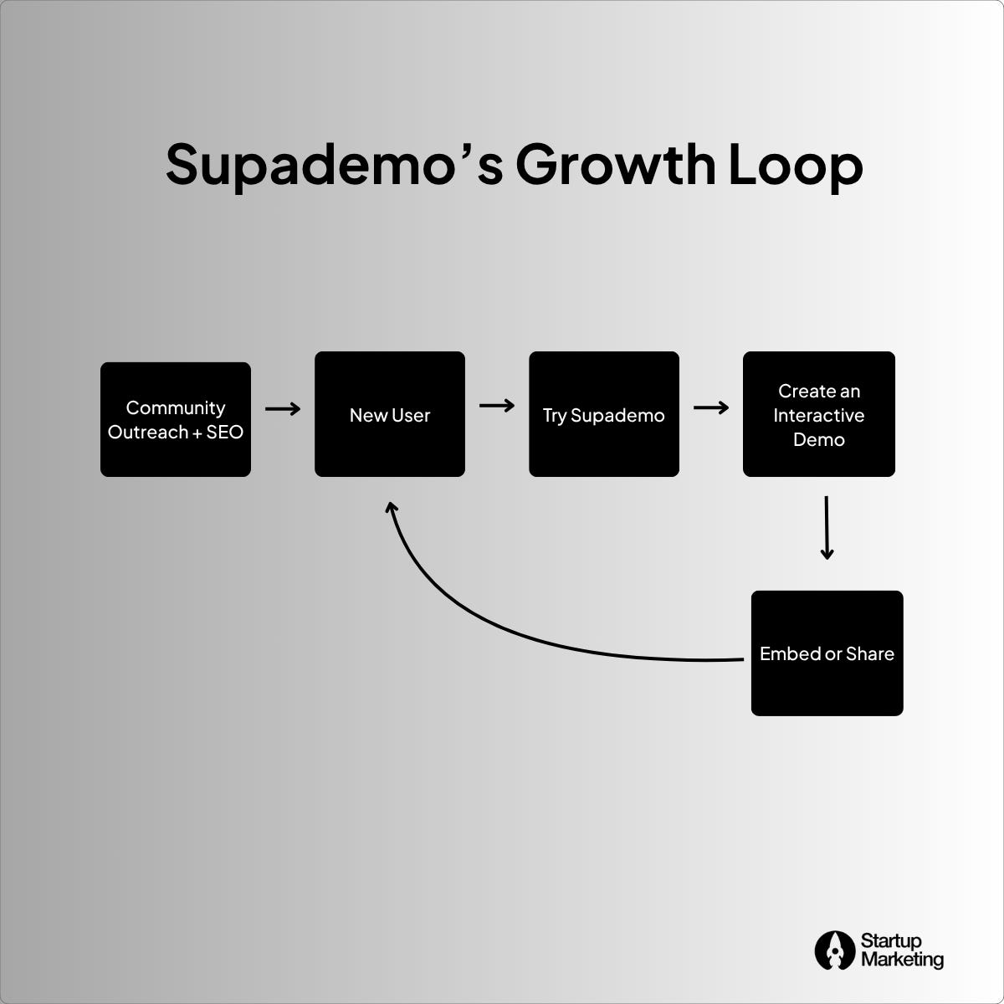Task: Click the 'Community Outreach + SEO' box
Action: point(176,419)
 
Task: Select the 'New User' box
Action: point(390,414)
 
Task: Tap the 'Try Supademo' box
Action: point(604,414)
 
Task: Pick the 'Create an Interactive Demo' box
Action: point(819,414)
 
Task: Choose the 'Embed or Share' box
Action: point(827,653)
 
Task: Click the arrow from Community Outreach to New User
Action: point(283,409)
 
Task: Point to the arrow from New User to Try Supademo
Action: point(497,406)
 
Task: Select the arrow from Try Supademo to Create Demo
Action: point(711,407)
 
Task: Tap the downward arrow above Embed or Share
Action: point(827,527)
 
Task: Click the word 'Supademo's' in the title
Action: point(335,165)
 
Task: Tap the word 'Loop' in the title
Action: point(795,165)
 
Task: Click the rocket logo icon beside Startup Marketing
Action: point(834,950)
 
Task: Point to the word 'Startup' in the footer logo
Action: point(891,942)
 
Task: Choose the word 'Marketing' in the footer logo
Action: point(902,959)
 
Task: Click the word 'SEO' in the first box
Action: point(224,432)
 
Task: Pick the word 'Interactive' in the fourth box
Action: point(819,415)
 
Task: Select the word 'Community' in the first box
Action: point(176,407)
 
